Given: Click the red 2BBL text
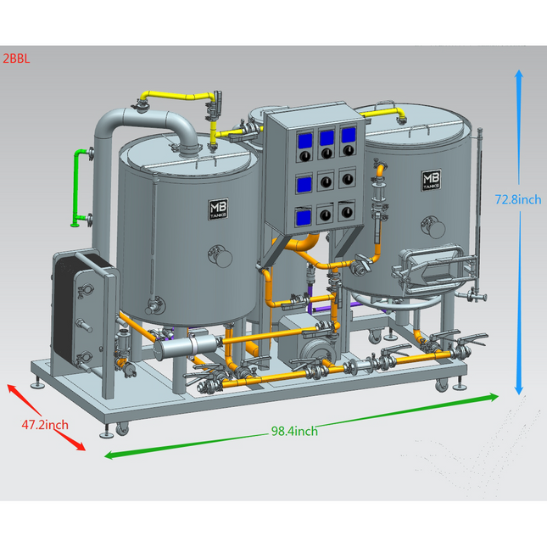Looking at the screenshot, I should pyautogui.click(x=15, y=60).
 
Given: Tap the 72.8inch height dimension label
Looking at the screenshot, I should pyautogui.click(x=517, y=200).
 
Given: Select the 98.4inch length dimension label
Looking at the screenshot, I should pyautogui.click(x=294, y=431).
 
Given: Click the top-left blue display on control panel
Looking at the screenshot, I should pyautogui.click(x=303, y=137).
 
